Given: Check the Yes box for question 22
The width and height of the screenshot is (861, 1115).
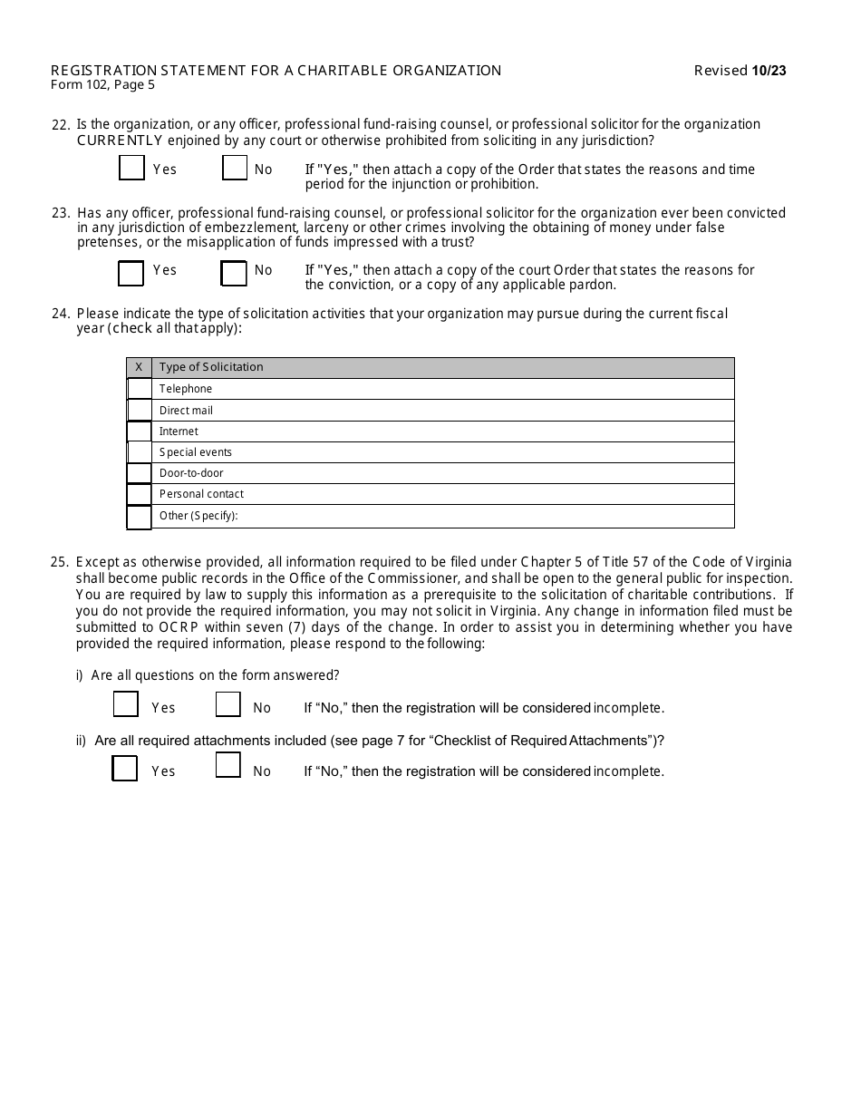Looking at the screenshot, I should tap(132, 169).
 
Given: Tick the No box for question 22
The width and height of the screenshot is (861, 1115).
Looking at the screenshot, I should tap(235, 169).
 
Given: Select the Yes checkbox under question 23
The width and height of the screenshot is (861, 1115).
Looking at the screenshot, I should tap(131, 273).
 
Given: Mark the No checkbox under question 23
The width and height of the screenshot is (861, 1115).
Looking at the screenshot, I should tap(234, 273).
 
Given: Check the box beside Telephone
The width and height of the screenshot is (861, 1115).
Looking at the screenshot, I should tap(140, 389).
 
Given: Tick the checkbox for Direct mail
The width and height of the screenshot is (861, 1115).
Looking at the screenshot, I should tap(140, 411).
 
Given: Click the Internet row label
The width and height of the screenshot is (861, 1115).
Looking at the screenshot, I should tap(179, 431).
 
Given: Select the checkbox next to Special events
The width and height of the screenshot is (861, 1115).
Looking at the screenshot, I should tap(140, 452).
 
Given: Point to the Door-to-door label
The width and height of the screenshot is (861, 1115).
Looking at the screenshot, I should tap(191, 473).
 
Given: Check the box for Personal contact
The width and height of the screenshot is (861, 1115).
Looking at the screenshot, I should tap(140, 495).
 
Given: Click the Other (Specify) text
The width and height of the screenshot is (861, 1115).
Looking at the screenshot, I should tap(198, 516).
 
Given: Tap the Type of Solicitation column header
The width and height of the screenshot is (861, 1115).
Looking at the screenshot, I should tap(211, 367).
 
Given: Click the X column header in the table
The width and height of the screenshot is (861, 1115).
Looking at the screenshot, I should tap(139, 367).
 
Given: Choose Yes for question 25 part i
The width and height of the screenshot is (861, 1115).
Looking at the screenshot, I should tap(126, 704).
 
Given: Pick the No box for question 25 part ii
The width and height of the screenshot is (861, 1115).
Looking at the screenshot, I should tap(228, 765).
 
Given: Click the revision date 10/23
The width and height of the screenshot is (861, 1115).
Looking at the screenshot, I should tap(769, 71).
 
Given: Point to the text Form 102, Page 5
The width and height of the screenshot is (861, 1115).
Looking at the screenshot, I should tap(102, 85).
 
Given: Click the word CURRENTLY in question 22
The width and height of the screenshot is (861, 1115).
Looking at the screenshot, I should tap(120, 141).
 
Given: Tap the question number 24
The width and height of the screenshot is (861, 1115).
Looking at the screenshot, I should tap(61, 314).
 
